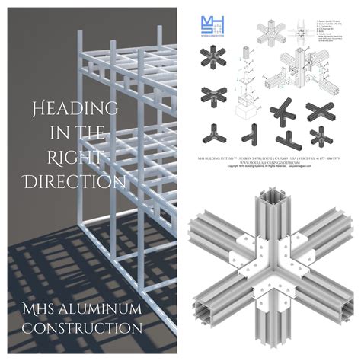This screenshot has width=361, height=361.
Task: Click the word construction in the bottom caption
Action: pos(81,328)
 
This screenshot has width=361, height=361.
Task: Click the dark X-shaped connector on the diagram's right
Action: pos(320,111)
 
